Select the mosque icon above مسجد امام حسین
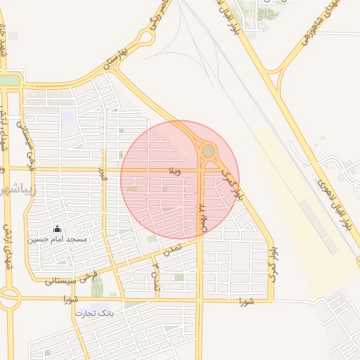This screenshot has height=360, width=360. pos(57,229)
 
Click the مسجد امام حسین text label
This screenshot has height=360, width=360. pos(57,240)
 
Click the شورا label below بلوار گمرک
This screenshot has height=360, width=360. pos(245,302)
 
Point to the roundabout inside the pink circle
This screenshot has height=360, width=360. pos(208,150)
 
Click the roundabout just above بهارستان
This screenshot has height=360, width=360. pos(146,37)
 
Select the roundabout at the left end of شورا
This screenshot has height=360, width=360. pos(8,298)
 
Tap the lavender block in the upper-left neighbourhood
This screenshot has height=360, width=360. pos(67,115)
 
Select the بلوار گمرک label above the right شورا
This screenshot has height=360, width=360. pos(272,264)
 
